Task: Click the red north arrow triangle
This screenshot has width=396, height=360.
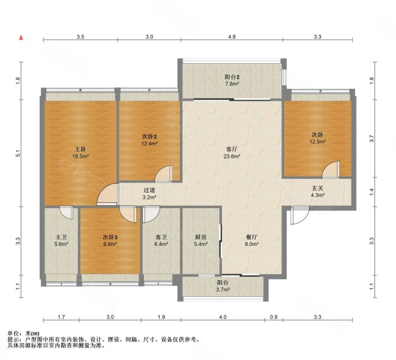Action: tap(22, 38)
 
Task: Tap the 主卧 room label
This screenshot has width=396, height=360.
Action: tap(80, 149)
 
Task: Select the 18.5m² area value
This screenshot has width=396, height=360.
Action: tap(80, 157)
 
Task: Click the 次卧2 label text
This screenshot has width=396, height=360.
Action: tap(149, 137)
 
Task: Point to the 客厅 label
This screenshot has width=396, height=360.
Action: tap(232, 149)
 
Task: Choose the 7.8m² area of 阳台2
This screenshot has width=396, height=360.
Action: tap(232, 83)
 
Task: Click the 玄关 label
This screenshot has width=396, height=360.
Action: tap(317, 188)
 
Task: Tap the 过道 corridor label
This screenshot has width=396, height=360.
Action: tap(149, 190)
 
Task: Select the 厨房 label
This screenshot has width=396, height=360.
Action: tap(201, 237)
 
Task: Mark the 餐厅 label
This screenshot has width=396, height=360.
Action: tap(251, 237)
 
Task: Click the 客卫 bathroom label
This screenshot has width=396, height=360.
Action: tap(161, 237)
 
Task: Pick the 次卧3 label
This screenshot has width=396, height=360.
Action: tap(110, 237)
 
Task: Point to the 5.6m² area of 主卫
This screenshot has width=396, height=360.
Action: tap(61, 244)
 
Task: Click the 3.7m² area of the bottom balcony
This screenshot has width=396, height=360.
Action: tap(223, 290)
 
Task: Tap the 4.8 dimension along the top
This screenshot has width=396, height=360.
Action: tap(232, 37)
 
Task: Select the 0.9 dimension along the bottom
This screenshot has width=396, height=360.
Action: tap(274, 317)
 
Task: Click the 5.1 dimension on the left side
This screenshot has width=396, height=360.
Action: tap(17, 153)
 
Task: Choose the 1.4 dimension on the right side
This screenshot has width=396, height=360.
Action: tap(371, 192)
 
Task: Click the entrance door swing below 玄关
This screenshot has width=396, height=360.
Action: tap(300, 215)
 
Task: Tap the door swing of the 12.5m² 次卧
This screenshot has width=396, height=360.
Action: tap(331, 170)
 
